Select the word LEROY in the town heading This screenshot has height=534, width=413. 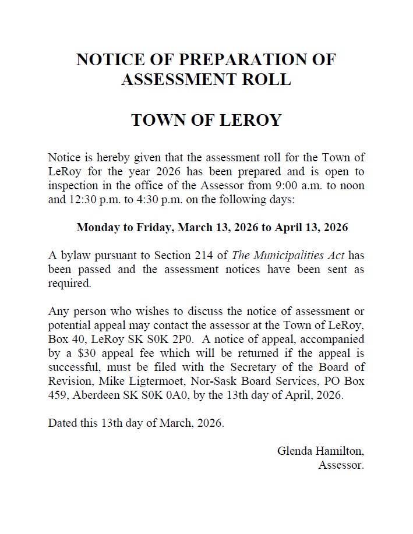tap(248, 121)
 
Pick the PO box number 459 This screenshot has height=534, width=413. tap(58, 395)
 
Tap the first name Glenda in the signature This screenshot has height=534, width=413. tap(295, 451)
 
